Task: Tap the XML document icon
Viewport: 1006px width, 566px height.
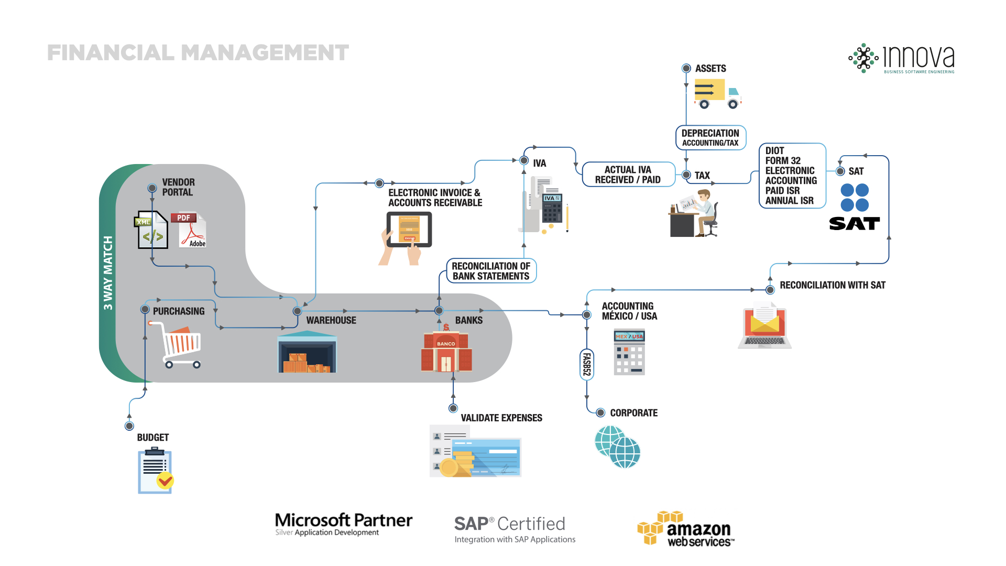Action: (x=152, y=230)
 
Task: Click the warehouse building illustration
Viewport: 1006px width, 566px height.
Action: (x=307, y=353)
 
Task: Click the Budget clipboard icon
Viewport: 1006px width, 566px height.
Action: (x=155, y=471)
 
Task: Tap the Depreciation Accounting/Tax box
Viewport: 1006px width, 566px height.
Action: (x=710, y=138)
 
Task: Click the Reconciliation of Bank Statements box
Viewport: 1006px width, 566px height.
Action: (x=491, y=271)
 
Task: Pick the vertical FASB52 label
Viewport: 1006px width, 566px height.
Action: (x=587, y=364)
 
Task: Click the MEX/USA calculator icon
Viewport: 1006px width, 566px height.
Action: (x=629, y=352)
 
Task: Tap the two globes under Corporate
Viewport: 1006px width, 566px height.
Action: (x=618, y=447)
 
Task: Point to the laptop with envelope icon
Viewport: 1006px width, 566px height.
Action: (x=765, y=326)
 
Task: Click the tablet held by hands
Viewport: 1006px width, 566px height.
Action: (x=409, y=230)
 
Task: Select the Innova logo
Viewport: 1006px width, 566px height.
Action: (x=902, y=58)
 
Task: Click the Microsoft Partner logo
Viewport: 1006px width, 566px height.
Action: (x=344, y=524)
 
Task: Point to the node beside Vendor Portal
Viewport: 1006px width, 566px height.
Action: (x=152, y=188)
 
